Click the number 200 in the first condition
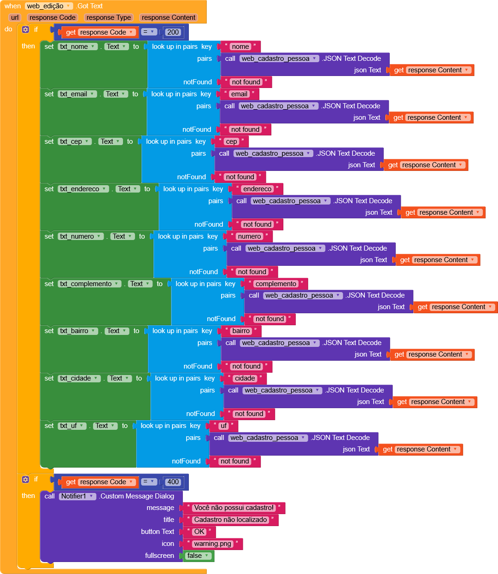tap(173, 32)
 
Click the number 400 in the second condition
tap(173, 482)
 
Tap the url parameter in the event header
tap(15, 18)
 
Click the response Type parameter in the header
tap(109, 18)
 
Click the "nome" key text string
tap(240, 47)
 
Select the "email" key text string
tap(239, 94)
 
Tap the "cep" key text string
tap(232, 141)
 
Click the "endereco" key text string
tap(258, 189)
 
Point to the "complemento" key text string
tap(276, 284)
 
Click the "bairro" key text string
tap(241, 331)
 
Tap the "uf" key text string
tap(223, 426)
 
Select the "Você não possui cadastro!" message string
tap(234, 508)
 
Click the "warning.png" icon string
tap(212, 544)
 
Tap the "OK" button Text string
tap(199, 532)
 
